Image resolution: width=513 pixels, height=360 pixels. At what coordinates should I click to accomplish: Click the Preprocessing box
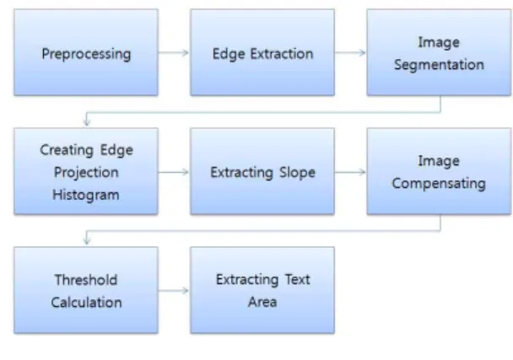click(x=86, y=52)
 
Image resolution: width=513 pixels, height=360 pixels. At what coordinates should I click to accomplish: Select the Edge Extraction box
click(x=262, y=52)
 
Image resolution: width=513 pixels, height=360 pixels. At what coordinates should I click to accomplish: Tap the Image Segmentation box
click(x=439, y=52)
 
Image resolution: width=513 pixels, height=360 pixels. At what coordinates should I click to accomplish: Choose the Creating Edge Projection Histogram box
click(x=86, y=171)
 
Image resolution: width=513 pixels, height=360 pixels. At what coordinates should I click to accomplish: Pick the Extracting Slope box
click(x=262, y=171)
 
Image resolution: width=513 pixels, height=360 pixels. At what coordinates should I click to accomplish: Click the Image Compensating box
click(x=439, y=171)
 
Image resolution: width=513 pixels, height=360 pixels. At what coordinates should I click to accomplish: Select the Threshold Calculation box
click(x=86, y=290)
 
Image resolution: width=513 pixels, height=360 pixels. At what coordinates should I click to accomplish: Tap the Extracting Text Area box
click(x=262, y=290)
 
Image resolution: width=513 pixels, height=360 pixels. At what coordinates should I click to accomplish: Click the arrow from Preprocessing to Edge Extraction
click(x=174, y=52)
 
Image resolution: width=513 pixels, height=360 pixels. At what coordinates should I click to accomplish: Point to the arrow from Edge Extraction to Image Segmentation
click(x=350, y=52)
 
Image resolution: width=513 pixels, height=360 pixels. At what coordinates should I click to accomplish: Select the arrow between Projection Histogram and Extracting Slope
click(x=174, y=172)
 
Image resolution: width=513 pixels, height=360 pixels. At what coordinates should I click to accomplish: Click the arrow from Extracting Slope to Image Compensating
click(x=350, y=172)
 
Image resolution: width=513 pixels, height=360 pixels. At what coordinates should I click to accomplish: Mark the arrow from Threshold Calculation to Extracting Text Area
click(x=174, y=290)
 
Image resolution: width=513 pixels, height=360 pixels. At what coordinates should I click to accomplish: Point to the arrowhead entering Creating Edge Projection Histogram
click(x=87, y=122)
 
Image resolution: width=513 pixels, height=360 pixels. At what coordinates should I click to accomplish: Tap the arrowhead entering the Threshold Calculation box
click(x=87, y=241)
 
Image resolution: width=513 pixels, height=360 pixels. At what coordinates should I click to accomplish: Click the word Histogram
click(x=86, y=195)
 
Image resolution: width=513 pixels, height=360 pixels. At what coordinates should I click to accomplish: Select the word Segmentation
click(x=439, y=65)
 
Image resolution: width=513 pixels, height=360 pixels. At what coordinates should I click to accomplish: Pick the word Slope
click(x=297, y=172)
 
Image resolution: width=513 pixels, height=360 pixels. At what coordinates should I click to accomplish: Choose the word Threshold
click(x=86, y=280)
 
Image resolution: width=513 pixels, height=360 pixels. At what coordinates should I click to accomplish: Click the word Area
click(x=262, y=302)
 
